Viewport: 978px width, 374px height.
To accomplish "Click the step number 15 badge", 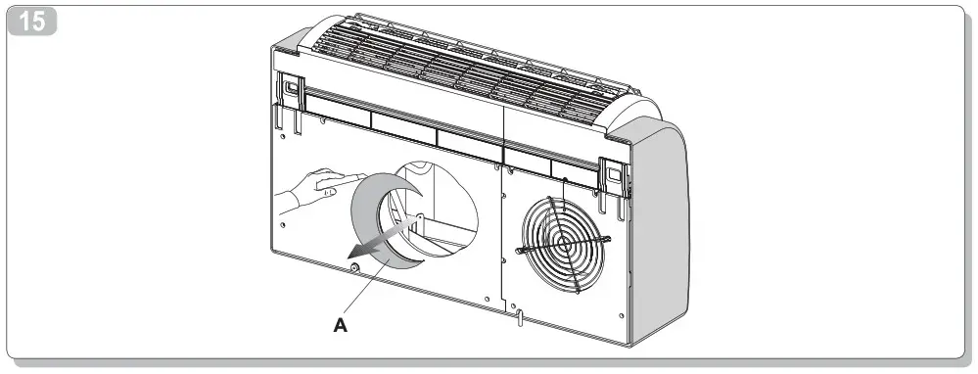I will [32, 21].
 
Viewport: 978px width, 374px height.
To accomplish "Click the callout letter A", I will [340, 326].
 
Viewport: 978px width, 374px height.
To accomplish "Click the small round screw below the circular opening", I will [352, 263].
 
